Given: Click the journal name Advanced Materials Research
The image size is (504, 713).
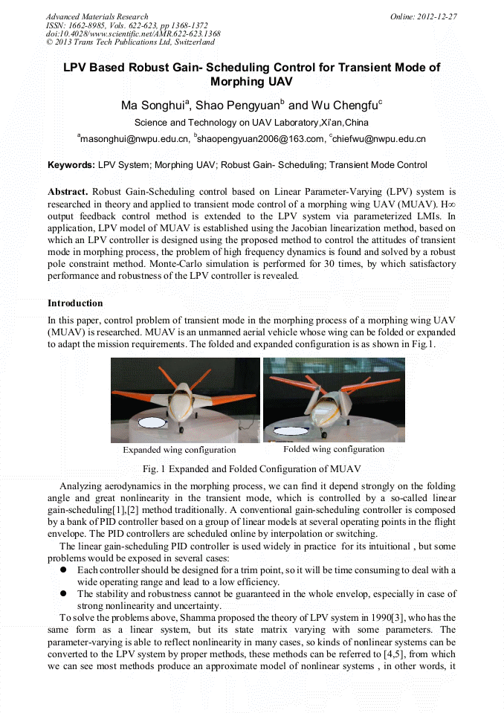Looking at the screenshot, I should pyautogui.click(x=97, y=16).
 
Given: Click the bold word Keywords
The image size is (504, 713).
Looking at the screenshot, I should pyautogui.click(x=71, y=165).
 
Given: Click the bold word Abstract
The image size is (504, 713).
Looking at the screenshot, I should pyautogui.click(x=68, y=192).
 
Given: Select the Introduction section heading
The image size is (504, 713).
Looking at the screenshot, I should pyautogui.click(x=75, y=303).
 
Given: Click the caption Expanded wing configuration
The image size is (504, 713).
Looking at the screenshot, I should pyautogui.click(x=179, y=450).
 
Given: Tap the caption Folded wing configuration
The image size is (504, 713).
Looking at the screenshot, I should pyautogui.click(x=334, y=449).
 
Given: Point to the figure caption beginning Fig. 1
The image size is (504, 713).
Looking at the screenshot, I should pyautogui.click(x=251, y=469).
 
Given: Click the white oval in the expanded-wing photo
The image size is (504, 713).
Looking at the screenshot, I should pyautogui.click(x=154, y=424).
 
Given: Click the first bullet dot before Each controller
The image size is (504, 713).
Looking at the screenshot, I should pyautogui.click(x=64, y=570).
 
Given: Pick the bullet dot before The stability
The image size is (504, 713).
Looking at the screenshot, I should pyautogui.click(x=64, y=595).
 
